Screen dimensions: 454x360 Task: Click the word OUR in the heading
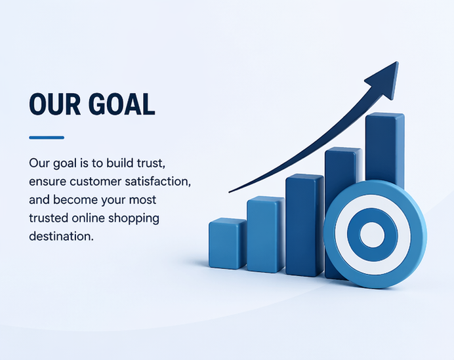coord(54,104)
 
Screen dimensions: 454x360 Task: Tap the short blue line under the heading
coord(47,138)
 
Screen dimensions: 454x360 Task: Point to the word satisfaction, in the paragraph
coord(158,182)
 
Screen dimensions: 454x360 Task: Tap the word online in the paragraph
coord(89,218)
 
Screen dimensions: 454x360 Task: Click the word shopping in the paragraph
coord(134,218)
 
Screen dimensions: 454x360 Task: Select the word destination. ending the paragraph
coord(62,236)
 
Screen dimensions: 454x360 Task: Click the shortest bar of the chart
coord(228,243)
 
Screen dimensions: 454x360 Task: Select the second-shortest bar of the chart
coord(266,234)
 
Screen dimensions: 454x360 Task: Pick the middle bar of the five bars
coord(304,225)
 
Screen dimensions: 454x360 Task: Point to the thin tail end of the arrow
coord(230,191)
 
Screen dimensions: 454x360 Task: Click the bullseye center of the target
coord(373,235)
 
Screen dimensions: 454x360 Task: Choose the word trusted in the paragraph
coord(49,218)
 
